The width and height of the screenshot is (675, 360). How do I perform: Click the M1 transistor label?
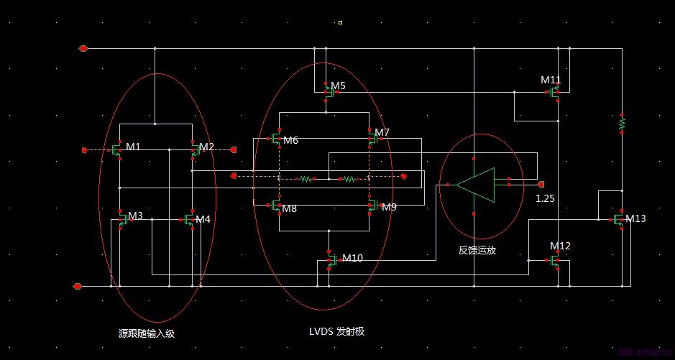click(133, 147)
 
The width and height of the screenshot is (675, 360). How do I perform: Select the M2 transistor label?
click(206, 147)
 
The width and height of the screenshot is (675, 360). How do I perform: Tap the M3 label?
click(135, 216)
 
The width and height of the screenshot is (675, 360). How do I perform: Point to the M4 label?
click(203, 219)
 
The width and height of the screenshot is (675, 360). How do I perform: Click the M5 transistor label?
click(338, 86)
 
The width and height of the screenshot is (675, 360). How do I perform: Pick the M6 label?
click(290, 140)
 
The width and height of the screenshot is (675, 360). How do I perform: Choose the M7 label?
click(382, 132)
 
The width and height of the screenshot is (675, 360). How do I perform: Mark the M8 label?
click(289, 208)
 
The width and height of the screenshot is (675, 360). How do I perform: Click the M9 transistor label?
click(389, 207)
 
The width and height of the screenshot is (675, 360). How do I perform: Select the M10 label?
click(353, 257)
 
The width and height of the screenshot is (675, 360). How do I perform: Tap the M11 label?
click(551, 80)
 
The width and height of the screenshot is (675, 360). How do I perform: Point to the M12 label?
click(560, 246)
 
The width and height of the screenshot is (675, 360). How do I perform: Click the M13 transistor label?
click(635, 218)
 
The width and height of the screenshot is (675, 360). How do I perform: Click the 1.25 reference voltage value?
click(545, 198)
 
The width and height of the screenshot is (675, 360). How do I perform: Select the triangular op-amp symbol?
click(476, 185)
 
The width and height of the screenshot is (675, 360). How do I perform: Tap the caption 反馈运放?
click(477, 250)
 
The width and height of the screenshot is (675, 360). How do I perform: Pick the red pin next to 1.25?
click(541, 184)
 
